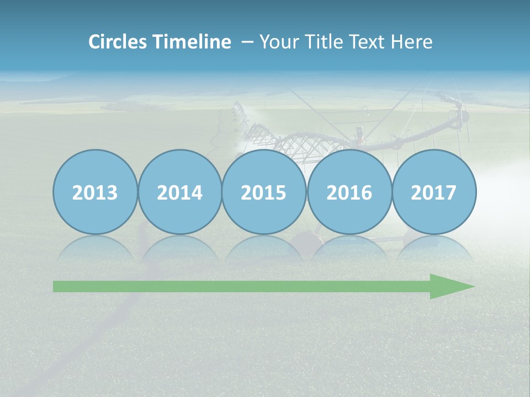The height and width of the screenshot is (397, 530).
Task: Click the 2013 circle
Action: [x=95, y=192]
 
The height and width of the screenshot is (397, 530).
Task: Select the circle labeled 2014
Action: [x=179, y=192]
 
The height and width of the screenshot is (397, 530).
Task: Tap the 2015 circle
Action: [x=264, y=192]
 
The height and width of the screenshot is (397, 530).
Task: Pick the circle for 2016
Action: [x=349, y=192]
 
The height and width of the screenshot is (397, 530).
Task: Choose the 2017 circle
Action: [x=434, y=192]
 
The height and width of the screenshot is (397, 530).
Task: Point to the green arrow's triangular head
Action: [x=450, y=286]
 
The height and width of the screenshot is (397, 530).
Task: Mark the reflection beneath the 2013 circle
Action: [x=95, y=248]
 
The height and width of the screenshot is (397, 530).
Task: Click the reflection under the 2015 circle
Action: [x=264, y=248]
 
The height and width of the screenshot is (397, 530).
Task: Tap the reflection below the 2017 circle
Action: [x=434, y=248]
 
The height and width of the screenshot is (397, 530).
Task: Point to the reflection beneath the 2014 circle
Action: [x=179, y=248]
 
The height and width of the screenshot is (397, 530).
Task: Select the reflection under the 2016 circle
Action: [x=349, y=248]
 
